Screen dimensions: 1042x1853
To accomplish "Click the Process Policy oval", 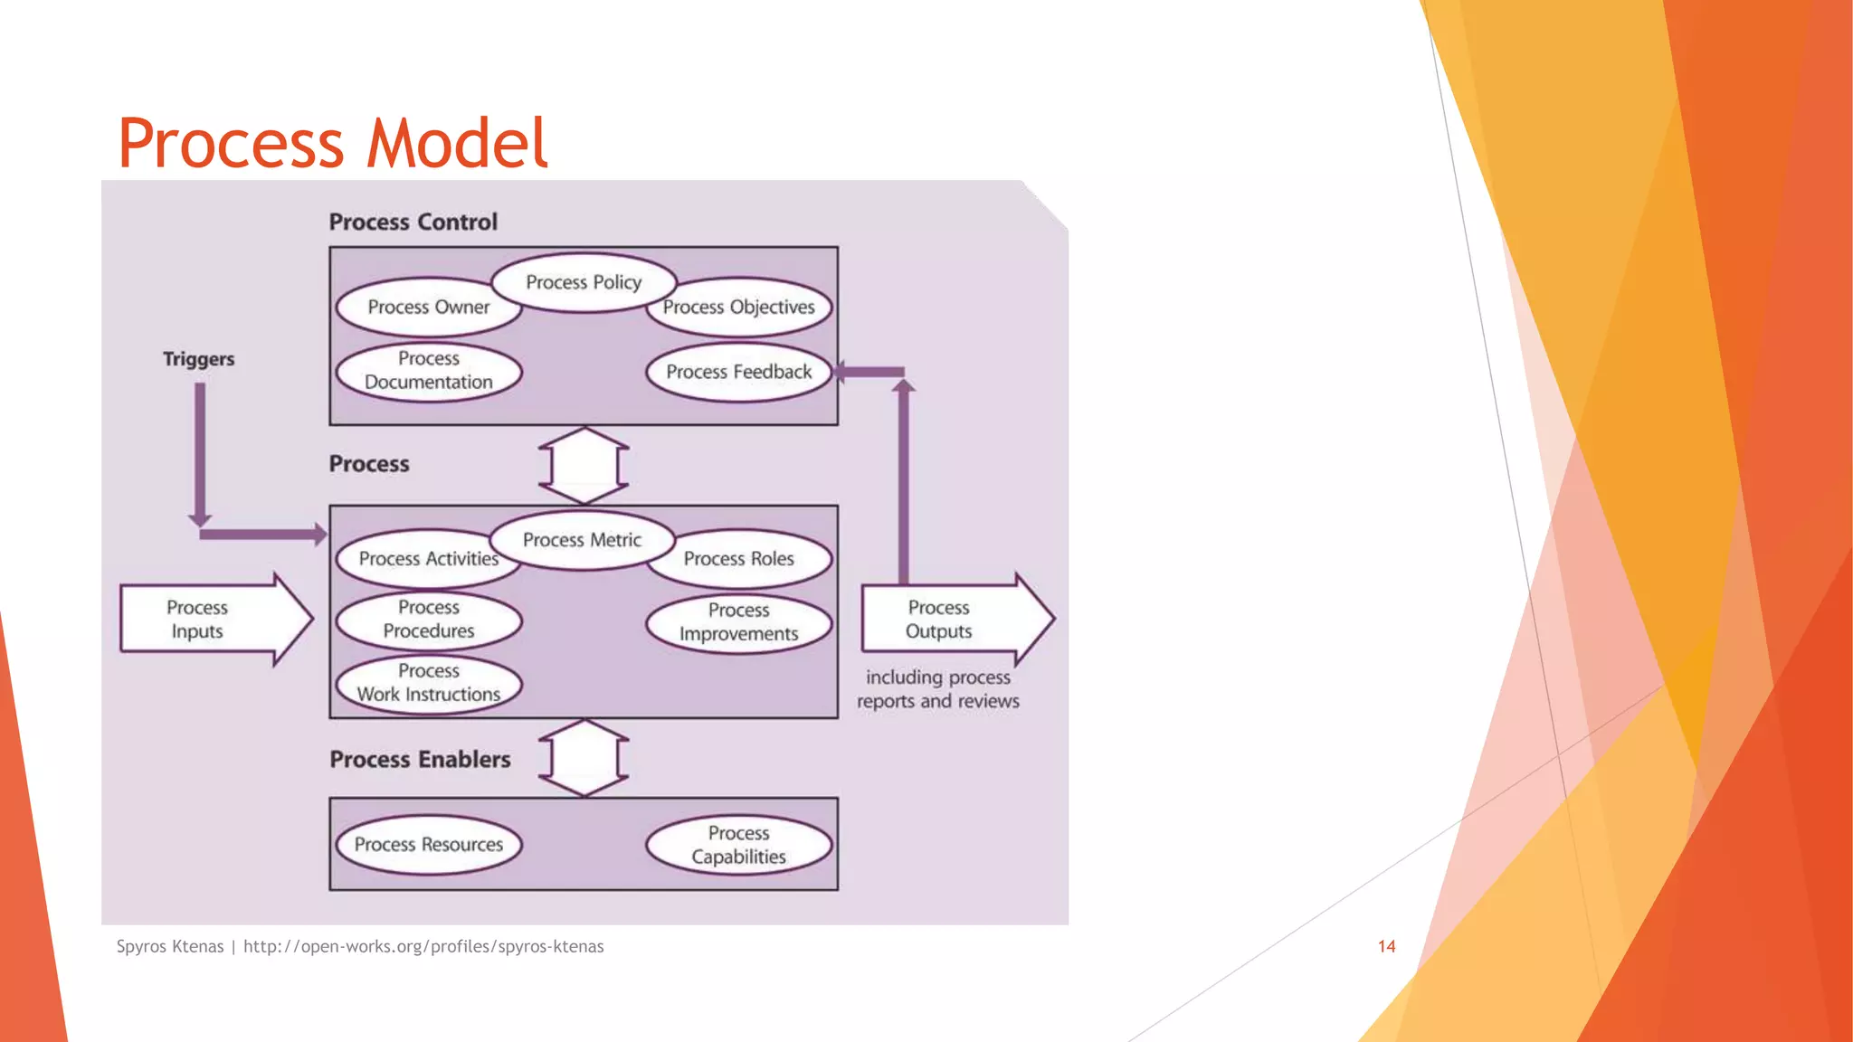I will point(584,282).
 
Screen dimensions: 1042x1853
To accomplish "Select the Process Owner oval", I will point(428,308).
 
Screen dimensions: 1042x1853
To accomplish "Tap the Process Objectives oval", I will point(739,308).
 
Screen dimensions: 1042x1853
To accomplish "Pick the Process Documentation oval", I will point(428,371).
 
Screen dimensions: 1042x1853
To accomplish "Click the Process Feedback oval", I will point(739,372).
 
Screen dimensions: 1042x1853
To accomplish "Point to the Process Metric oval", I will point(582,540).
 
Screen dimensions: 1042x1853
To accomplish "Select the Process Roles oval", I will point(739,559).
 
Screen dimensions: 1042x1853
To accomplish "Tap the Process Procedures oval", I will point(428,620).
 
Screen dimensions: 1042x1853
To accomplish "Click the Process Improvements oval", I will point(739,622).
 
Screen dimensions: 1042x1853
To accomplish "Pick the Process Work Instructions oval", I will point(428,683).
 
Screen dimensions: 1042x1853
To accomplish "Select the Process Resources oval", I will point(428,845).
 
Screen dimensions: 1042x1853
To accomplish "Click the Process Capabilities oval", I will point(739,845).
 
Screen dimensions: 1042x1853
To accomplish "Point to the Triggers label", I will point(198,359).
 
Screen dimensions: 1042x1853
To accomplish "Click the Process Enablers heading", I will point(420,760).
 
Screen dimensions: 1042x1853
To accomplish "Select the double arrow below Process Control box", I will point(584,466).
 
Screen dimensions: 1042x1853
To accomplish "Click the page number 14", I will point(1386,947).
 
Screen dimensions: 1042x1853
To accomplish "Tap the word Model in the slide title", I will point(457,144).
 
